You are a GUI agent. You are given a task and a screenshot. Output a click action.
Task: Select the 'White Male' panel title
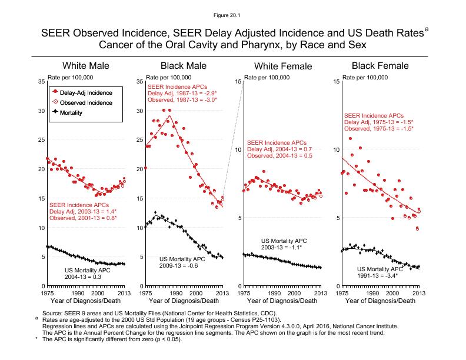(86, 65)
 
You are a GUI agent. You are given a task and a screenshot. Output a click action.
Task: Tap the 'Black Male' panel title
(184, 65)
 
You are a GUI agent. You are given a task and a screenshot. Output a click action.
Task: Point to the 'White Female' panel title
(282, 66)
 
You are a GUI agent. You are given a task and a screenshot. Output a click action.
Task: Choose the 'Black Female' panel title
(380, 65)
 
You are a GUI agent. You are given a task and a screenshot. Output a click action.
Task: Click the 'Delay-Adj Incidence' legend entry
(85, 92)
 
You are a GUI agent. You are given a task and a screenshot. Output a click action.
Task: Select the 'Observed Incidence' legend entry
(85, 102)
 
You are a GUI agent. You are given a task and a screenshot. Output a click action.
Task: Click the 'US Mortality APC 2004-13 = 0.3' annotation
(86, 274)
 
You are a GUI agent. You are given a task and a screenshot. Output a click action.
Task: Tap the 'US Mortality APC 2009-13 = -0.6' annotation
(182, 262)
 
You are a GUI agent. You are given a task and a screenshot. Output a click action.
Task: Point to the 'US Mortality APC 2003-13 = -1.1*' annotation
(284, 244)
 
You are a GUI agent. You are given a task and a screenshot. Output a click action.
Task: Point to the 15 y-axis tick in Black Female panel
(335, 81)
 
